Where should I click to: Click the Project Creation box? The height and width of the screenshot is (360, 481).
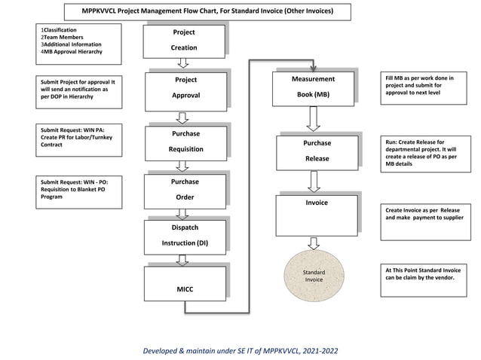pos(184,41)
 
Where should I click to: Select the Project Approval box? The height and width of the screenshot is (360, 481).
pos(185,88)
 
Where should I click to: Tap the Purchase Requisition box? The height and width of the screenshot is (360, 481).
pos(185,142)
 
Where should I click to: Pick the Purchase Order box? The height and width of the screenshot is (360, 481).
pos(185,190)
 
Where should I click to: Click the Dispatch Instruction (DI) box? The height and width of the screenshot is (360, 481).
pos(185,235)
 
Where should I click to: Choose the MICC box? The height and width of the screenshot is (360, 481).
pos(185,282)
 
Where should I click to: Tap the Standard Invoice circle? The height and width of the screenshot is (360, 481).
pos(314,274)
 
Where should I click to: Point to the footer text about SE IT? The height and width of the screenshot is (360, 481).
pos(240,351)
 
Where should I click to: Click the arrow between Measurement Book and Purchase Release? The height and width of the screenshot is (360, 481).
pos(314,118)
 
